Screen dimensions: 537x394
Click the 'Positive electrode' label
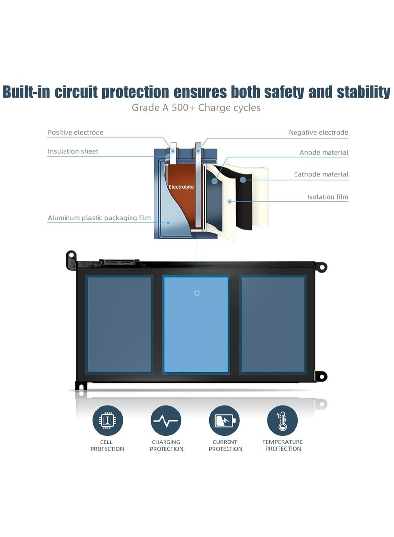point(75,132)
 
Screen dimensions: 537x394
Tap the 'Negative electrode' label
point(318,132)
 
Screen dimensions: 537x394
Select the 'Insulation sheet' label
point(73,151)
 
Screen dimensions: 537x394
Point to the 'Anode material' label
point(324,153)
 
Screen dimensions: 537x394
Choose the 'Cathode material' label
point(321,174)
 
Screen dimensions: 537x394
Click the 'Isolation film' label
point(328,197)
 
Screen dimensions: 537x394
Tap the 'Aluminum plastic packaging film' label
point(99,218)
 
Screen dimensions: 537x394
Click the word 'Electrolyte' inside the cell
point(181,187)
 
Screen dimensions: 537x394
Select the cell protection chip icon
point(107,420)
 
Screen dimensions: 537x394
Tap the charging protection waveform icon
point(166,420)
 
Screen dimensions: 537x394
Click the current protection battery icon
point(225,420)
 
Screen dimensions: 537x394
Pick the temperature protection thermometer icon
point(283,420)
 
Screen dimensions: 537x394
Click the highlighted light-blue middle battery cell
point(196,324)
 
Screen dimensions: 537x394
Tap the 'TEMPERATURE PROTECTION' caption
point(283,445)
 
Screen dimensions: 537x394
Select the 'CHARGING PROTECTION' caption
point(166,445)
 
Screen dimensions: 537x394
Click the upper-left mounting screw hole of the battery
point(71,256)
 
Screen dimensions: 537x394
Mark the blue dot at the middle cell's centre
point(197,293)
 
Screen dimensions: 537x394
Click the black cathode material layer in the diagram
point(245,197)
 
